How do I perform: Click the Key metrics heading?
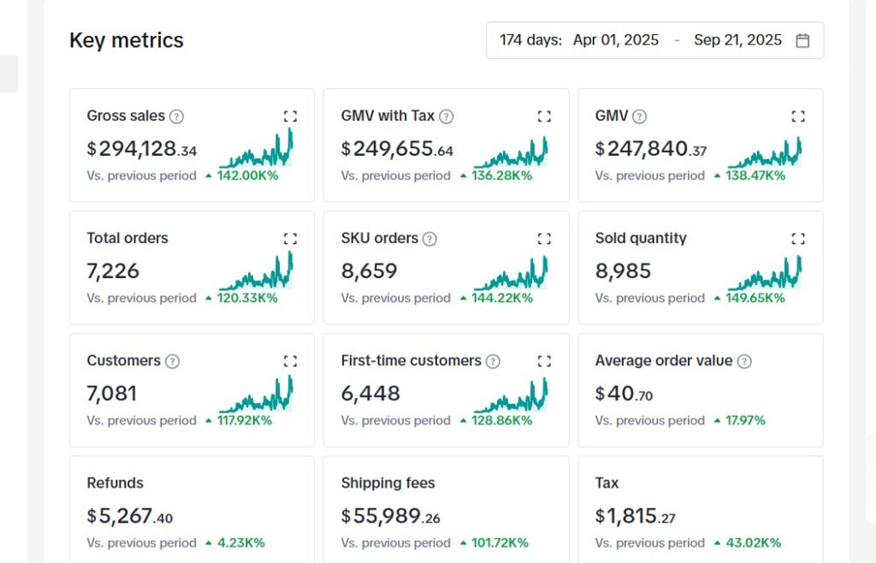click(127, 40)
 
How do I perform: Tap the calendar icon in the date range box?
click(802, 40)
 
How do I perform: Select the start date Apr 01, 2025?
click(616, 40)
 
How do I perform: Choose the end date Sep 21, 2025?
click(737, 40)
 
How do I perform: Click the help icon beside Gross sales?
click(176, 116)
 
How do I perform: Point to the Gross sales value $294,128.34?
click(142, 150)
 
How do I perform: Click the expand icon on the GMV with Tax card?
click(544, 116)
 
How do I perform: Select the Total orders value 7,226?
click(113, 271)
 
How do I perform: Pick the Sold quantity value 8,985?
click(623, 271)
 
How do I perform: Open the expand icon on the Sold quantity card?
click(798, 239)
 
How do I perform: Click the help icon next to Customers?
click(172, 361)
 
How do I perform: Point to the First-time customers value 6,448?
click(370, 394)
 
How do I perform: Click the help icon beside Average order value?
click(744, 361)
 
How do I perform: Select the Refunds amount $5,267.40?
click(130, 516)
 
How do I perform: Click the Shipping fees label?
click(388, 483)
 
